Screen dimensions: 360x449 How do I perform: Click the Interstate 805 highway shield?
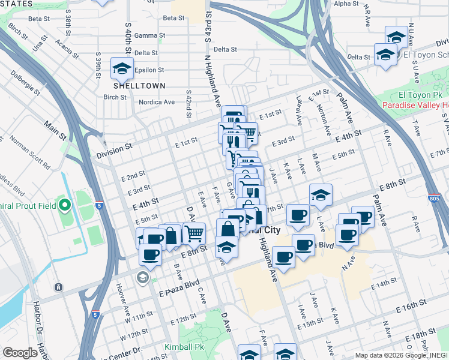[x=435, y=197]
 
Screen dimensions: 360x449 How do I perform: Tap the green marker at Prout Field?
[x=65, y=206]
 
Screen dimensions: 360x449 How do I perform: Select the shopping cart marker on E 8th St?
[x=194, y=233]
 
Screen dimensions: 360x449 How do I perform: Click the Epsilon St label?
[x=149, y=70]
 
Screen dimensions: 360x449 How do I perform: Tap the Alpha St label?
[x=346, y=4]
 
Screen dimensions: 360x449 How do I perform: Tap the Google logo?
[x=20, y=352]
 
